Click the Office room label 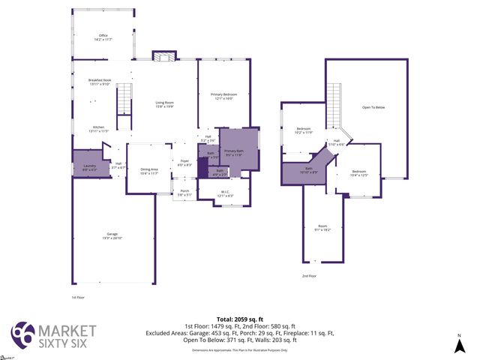point(103,37)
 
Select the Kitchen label point(100,128)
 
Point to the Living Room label point(165,104)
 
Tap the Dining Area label point(149,171)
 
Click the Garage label point(112,236)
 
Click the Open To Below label point(373,108)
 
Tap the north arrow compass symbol point(459,344)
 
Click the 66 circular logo point(22,334)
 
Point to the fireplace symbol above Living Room point(164,55)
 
